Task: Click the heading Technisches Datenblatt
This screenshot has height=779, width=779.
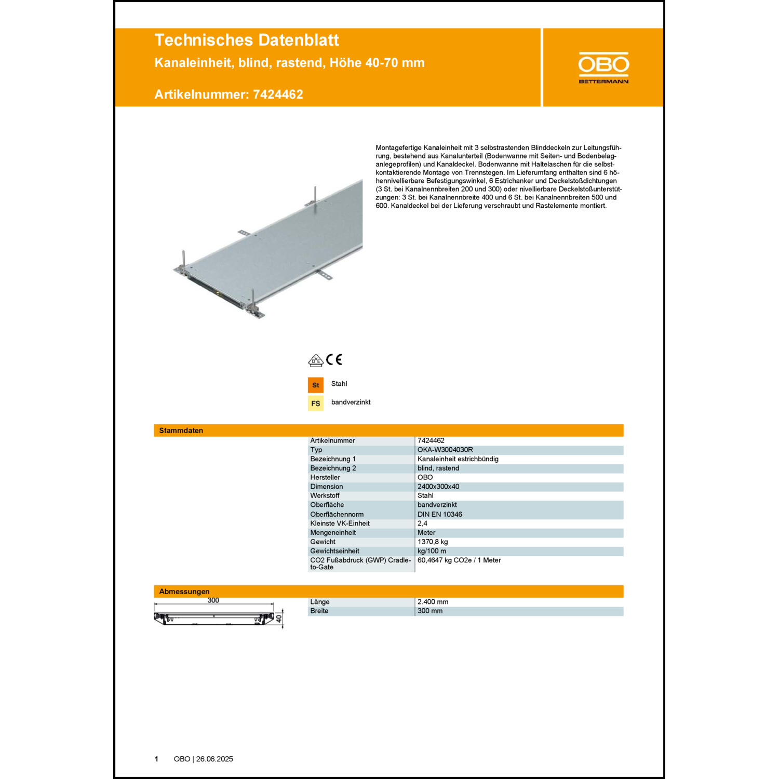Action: pos(247,40)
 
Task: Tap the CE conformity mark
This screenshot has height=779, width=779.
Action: pos(334,359)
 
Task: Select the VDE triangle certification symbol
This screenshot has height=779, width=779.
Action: pos(316,360)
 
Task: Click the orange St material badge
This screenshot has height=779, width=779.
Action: pos(316,385)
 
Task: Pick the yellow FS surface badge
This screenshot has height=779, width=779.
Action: pos(316,404)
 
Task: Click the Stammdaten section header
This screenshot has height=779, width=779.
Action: pos(181,431)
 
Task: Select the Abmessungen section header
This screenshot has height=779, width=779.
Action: pos(184,592)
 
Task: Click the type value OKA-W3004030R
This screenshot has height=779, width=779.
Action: pos(445,450)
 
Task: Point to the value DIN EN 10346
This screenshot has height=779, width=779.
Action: pos(440,514)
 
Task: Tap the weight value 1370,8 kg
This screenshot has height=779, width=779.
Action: pos(433,542)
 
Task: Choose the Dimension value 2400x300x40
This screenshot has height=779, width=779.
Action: pos(438,487)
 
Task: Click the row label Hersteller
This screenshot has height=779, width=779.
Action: pos(325,477)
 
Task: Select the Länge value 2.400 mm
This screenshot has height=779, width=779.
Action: pos(433,602)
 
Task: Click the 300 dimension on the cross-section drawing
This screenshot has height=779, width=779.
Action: pos(213,600)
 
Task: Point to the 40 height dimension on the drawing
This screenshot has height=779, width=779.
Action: pos(279,619)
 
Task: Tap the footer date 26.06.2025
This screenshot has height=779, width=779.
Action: pos(214,759)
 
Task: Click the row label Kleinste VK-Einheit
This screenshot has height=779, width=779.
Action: pos(340,523)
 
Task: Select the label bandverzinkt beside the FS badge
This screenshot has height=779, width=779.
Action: pos(351,402)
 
